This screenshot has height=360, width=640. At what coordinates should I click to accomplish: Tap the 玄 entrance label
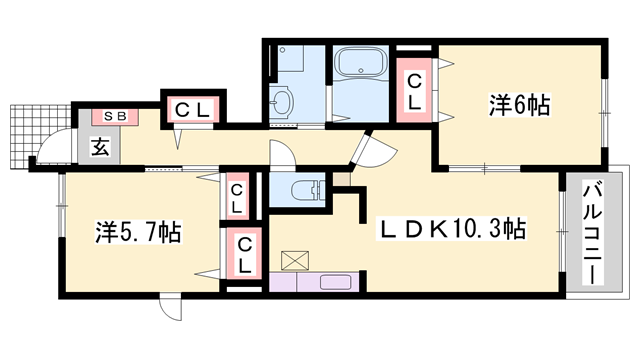pos(101,145)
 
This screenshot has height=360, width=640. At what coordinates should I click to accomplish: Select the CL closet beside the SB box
pos(195,111)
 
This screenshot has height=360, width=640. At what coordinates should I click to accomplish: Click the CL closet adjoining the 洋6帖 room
pos(413,91)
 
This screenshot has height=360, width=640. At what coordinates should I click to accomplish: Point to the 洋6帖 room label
pos(520,103)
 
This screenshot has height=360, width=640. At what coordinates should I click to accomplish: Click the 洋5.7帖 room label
pos(139,232)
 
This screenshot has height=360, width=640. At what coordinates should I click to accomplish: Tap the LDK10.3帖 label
pos(453,229)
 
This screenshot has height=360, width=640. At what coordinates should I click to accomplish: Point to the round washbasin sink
pos(282,100)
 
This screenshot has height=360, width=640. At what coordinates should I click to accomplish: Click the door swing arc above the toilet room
pos(282,156)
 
